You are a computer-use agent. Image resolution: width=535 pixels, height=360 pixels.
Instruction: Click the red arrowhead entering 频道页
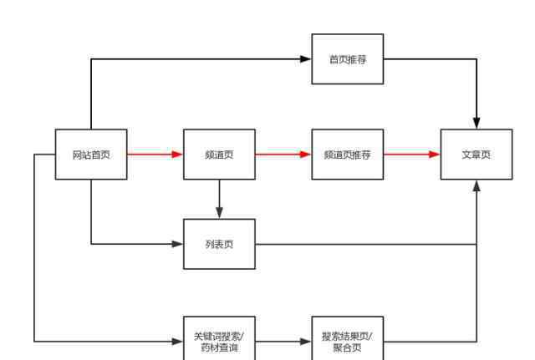[177, 155]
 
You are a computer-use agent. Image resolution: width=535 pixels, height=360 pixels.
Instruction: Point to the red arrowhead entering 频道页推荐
[306, 155]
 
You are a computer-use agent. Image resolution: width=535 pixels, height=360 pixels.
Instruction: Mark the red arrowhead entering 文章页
[435, 155]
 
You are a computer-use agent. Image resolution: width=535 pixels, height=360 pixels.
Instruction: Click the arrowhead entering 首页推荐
[306, 59]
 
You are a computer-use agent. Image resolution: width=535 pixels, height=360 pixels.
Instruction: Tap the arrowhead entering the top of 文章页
[476, 123]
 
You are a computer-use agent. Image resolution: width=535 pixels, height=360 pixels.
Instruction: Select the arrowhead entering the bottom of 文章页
[476, 185]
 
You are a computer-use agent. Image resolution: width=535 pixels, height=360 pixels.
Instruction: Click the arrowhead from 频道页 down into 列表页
[219, 213]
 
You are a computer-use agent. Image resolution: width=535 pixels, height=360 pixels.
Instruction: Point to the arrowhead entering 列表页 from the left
[177, 244]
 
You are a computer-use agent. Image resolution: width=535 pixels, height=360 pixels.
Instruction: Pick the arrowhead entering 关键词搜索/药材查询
[177, 342]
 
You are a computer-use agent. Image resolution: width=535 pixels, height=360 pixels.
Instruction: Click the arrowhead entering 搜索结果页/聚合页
[306, 342]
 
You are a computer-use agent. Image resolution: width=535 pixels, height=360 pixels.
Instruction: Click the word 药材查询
[219, 347]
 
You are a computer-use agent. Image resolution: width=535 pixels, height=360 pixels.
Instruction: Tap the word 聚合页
[348, 347]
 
